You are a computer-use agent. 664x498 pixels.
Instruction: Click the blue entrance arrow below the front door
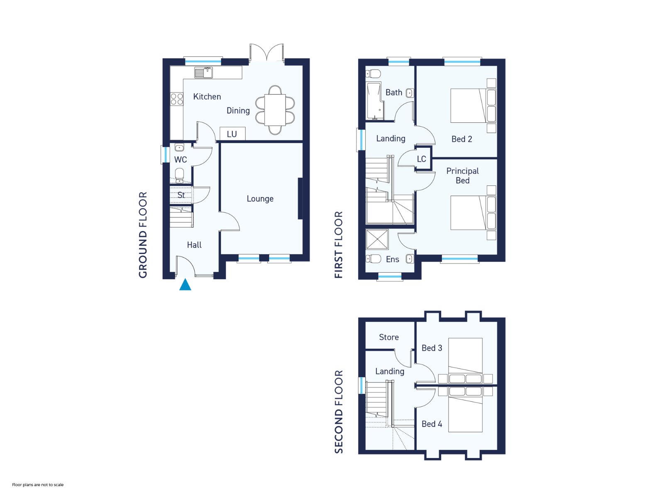[x=185, y=285]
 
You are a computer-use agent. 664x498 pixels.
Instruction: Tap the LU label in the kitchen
[x=232, y=134]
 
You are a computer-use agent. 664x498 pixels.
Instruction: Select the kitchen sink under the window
[x=204, y=73]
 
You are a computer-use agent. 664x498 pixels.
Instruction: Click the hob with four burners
[x=177, y=99]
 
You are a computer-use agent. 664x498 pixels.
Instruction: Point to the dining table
[x=275, y=110]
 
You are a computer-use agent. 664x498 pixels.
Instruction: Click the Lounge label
[x=260, y=199]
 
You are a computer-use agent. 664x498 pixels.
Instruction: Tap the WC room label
[x=181, y=159]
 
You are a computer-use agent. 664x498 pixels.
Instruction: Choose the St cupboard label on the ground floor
[x=181, y=195]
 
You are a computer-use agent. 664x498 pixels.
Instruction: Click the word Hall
[x=194, y=244]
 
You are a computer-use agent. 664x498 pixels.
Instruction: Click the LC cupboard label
[x=421, y=159]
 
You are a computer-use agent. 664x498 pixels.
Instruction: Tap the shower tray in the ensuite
[x=377, y=239]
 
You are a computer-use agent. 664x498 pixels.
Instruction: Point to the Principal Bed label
[x=463, y=176]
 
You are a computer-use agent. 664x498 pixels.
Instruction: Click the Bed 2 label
[x=461, y=139]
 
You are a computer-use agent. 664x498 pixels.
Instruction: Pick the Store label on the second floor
[x=389, y=337]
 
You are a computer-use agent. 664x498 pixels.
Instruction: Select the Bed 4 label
[x=432, y=424]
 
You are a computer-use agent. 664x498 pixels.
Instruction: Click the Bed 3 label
[x=432, y=348]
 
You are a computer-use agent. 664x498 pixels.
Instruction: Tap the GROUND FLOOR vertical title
[x=143, y=235]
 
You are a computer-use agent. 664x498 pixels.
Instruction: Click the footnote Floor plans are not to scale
[x=38, y=485]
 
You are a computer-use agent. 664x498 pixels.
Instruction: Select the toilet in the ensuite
[x=373, y=259]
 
